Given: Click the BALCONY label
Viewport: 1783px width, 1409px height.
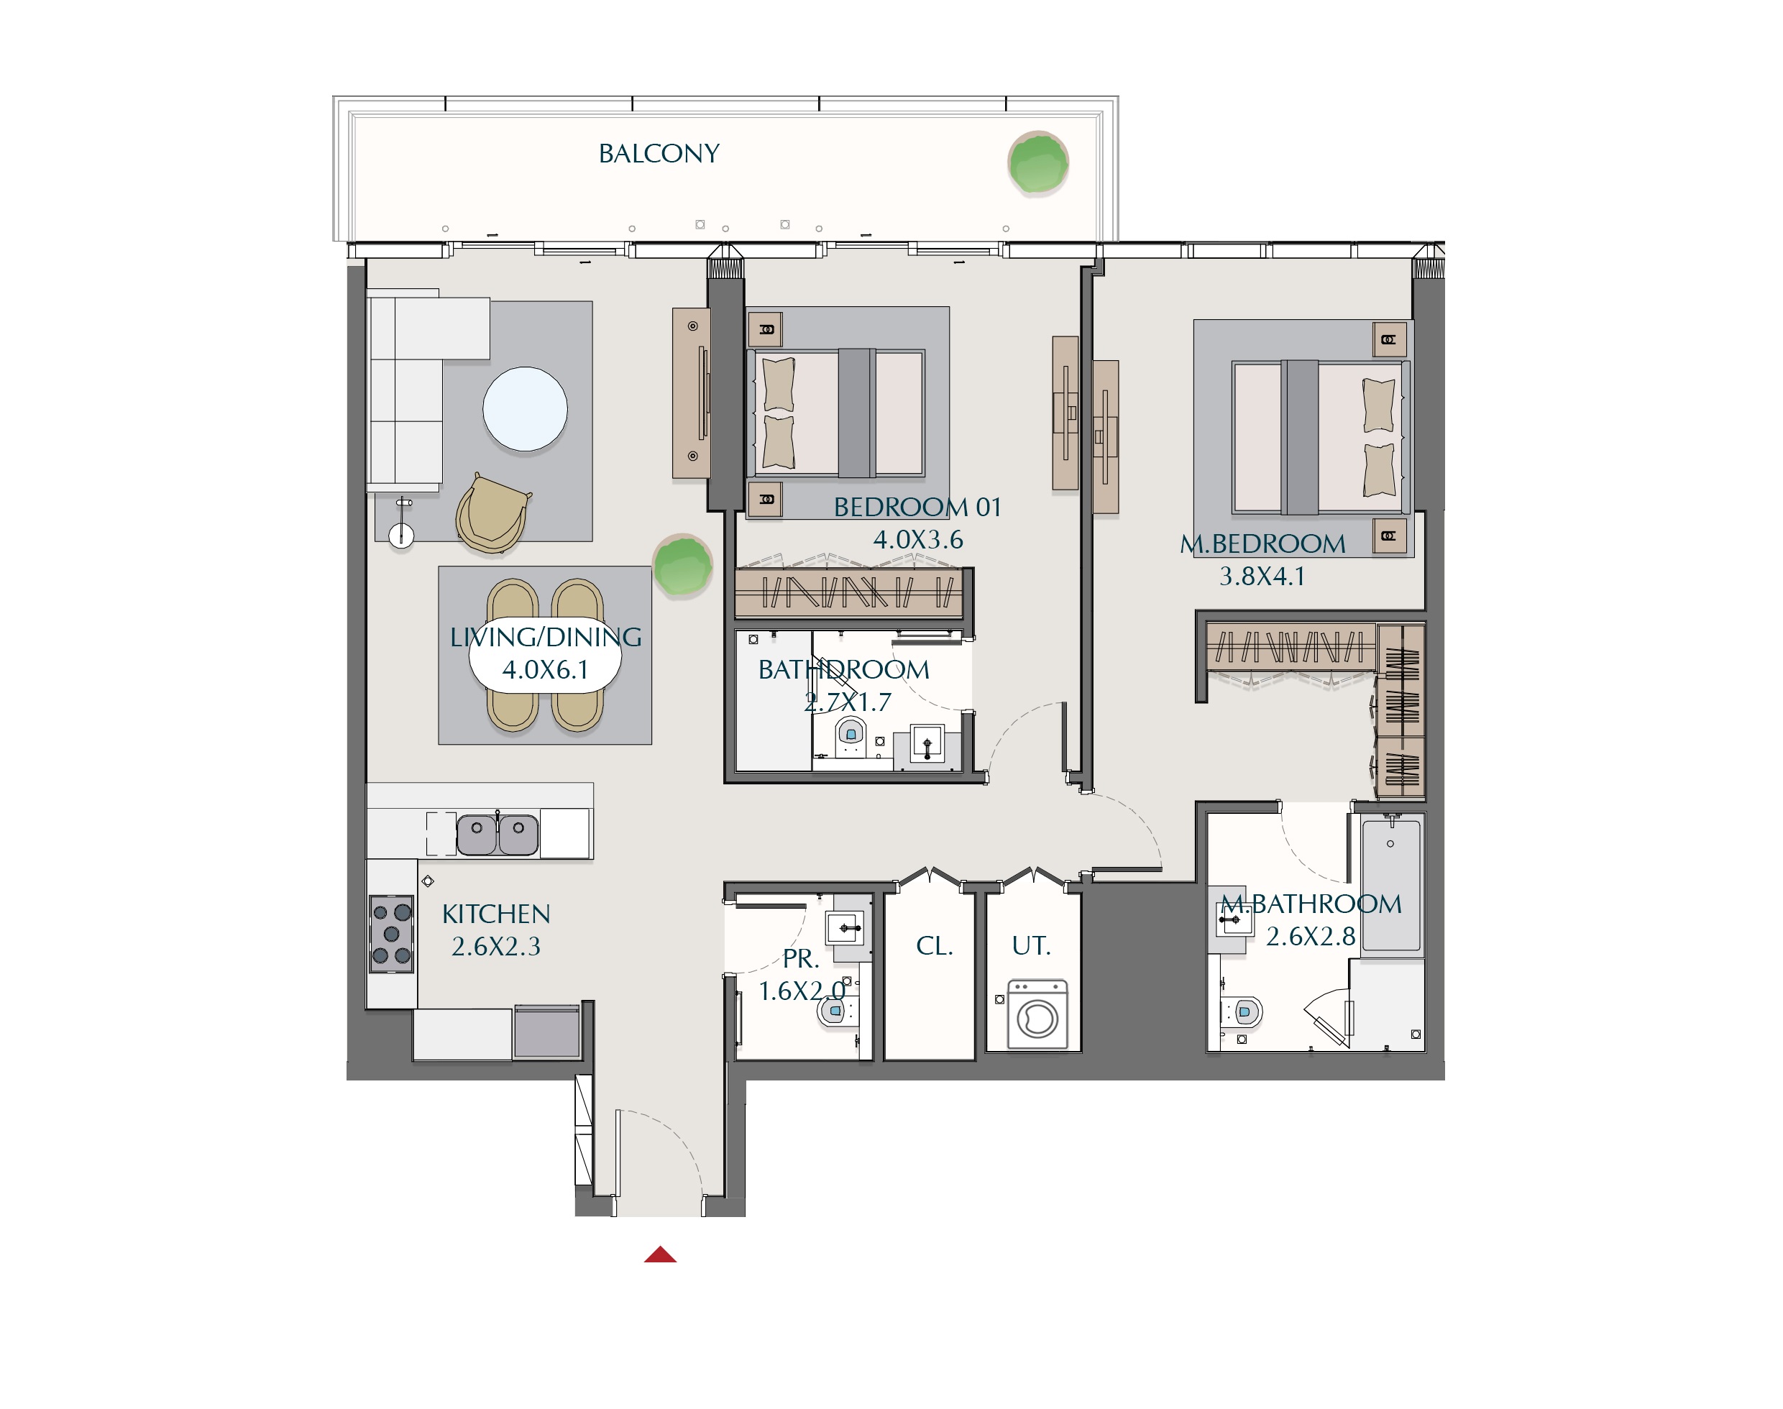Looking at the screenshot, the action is [659, 153].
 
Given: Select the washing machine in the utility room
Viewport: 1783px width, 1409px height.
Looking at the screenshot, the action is [1037, 1014].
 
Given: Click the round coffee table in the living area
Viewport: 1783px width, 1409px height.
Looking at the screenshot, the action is [525, 409].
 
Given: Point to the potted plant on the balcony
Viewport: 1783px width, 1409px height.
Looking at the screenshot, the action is [1038, 162].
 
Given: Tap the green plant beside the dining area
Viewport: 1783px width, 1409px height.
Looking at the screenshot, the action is [682, 565].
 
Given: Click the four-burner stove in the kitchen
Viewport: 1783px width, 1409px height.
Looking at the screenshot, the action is [391, 934].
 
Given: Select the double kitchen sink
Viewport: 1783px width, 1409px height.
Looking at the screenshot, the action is [498, 834].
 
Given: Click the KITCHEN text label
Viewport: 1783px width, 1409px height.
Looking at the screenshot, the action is [496, 914].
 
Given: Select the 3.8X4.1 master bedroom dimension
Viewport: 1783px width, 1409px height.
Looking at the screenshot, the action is [1262, 576].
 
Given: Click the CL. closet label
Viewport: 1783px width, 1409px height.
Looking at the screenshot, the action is [934, 945].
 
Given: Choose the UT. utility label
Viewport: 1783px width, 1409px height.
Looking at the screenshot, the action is [1032, 945].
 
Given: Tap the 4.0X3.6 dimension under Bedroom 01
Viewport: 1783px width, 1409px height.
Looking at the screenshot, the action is [917, 539].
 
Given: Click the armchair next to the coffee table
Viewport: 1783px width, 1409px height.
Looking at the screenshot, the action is [492, 513].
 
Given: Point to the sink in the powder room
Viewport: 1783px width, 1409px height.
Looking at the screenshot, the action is [845, 927].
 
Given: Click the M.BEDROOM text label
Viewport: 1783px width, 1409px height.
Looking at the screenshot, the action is [1262, 543].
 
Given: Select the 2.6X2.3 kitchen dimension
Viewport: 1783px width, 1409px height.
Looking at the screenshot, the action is [496, 946].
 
